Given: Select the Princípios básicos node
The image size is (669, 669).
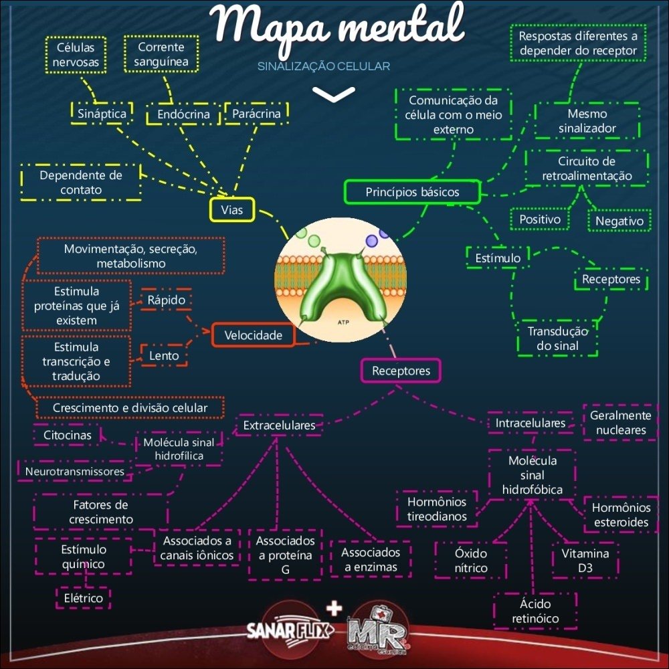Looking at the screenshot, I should (x=412, y=192).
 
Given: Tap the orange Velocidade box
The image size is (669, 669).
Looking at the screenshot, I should (x=253, y=335).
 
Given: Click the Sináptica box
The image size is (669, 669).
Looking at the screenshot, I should (x=102, y=113).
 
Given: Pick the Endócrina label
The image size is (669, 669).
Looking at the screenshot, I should (x=183, y=114).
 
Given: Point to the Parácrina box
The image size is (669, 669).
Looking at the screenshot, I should (x=256, y=114).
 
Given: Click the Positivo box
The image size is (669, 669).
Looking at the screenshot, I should (x=540, y=219).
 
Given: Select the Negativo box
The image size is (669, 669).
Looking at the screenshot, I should (x=619, y=221).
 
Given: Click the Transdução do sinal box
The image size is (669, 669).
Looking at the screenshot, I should (x=557, y=339).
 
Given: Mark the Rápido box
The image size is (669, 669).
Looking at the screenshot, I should (x=166, y=300).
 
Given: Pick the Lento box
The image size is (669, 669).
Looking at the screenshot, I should (x=164, y=356).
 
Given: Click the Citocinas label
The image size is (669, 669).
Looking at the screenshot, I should (x=67, y=435).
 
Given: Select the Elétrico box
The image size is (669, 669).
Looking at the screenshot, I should (x=84, y=598).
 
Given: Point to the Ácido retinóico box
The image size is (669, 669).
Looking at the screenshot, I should (x=535, y=611).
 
